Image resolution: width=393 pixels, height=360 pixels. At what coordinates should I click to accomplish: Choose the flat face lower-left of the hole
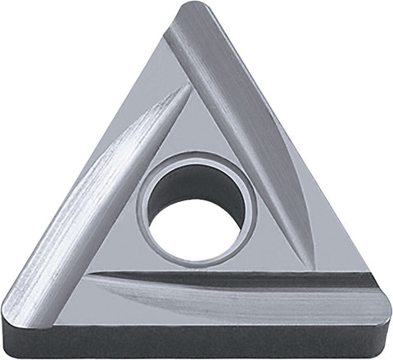(123, 254)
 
